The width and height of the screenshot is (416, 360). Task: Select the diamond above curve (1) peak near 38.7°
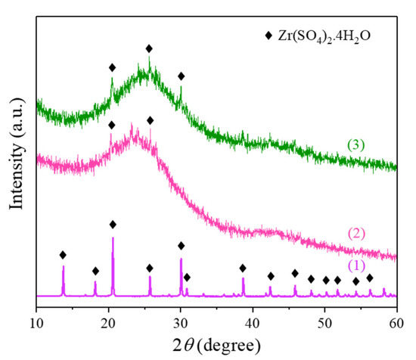click(x=243, y=268)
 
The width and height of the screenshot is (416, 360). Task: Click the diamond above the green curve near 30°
click(x=181, y=76)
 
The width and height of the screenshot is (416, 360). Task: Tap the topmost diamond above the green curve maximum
click(x=149, y=48)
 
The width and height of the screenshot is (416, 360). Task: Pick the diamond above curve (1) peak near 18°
click(x=95, y=271)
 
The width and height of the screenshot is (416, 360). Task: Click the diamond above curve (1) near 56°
click(x=370, y=278)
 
